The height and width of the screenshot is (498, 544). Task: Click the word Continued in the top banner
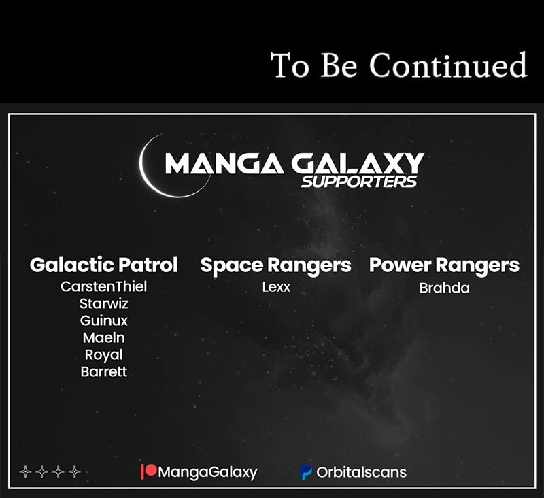pyautogui.click(x=448, y=65)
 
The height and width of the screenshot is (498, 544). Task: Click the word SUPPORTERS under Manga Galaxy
pyautogui.click(x=359, y=182)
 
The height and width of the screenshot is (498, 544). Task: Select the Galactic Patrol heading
pyautogui.click(x=104, y=265)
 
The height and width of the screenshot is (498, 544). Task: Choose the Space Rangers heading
pyautogui.click(x=276, y=265)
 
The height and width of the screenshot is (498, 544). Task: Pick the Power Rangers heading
pyautogui.click(x=444, y=265)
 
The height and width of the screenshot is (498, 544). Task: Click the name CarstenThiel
pyautogui.click(x=104, y=286)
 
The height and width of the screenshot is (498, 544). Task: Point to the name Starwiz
pyautogui.click(x=104, y=303)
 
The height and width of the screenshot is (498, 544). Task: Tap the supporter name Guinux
pyautogui.click(x=104, y=320)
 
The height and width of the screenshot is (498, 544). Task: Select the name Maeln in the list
pyautogui.click(x=104, y=337)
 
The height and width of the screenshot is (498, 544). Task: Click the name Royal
pyautogui.click(x=104, y=355)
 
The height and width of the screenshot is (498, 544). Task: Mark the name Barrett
pyautogui.click(x=104, y=371)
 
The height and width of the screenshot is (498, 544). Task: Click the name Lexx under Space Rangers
pyautogui.click(x=276, y=287)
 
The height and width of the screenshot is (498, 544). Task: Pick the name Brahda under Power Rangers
pyautogui.click(x=445, y=288)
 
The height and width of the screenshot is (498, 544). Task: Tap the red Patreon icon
pyautogui.click(x=148, y=471)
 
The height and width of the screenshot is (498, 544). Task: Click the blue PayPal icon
pyautogui.click(x=305, y=472)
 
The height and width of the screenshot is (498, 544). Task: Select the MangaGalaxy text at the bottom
pyautogui.click(x=207, y=472)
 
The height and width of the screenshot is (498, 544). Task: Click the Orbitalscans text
pyautogui.click(x=361, y=472)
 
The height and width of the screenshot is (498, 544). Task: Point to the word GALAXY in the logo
pyautogui.click(x=358, y=163)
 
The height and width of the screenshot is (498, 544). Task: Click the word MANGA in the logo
pyautogui.click(x=224, y=163)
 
